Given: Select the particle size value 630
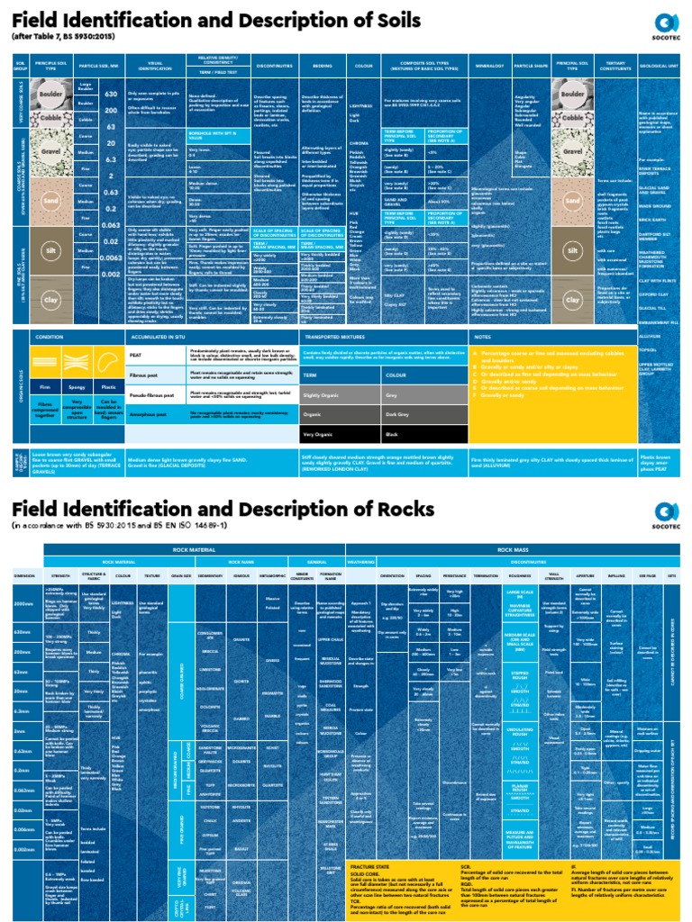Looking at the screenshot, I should (x=111, y=95).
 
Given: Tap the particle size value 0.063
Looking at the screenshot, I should (x=111, y=226).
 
